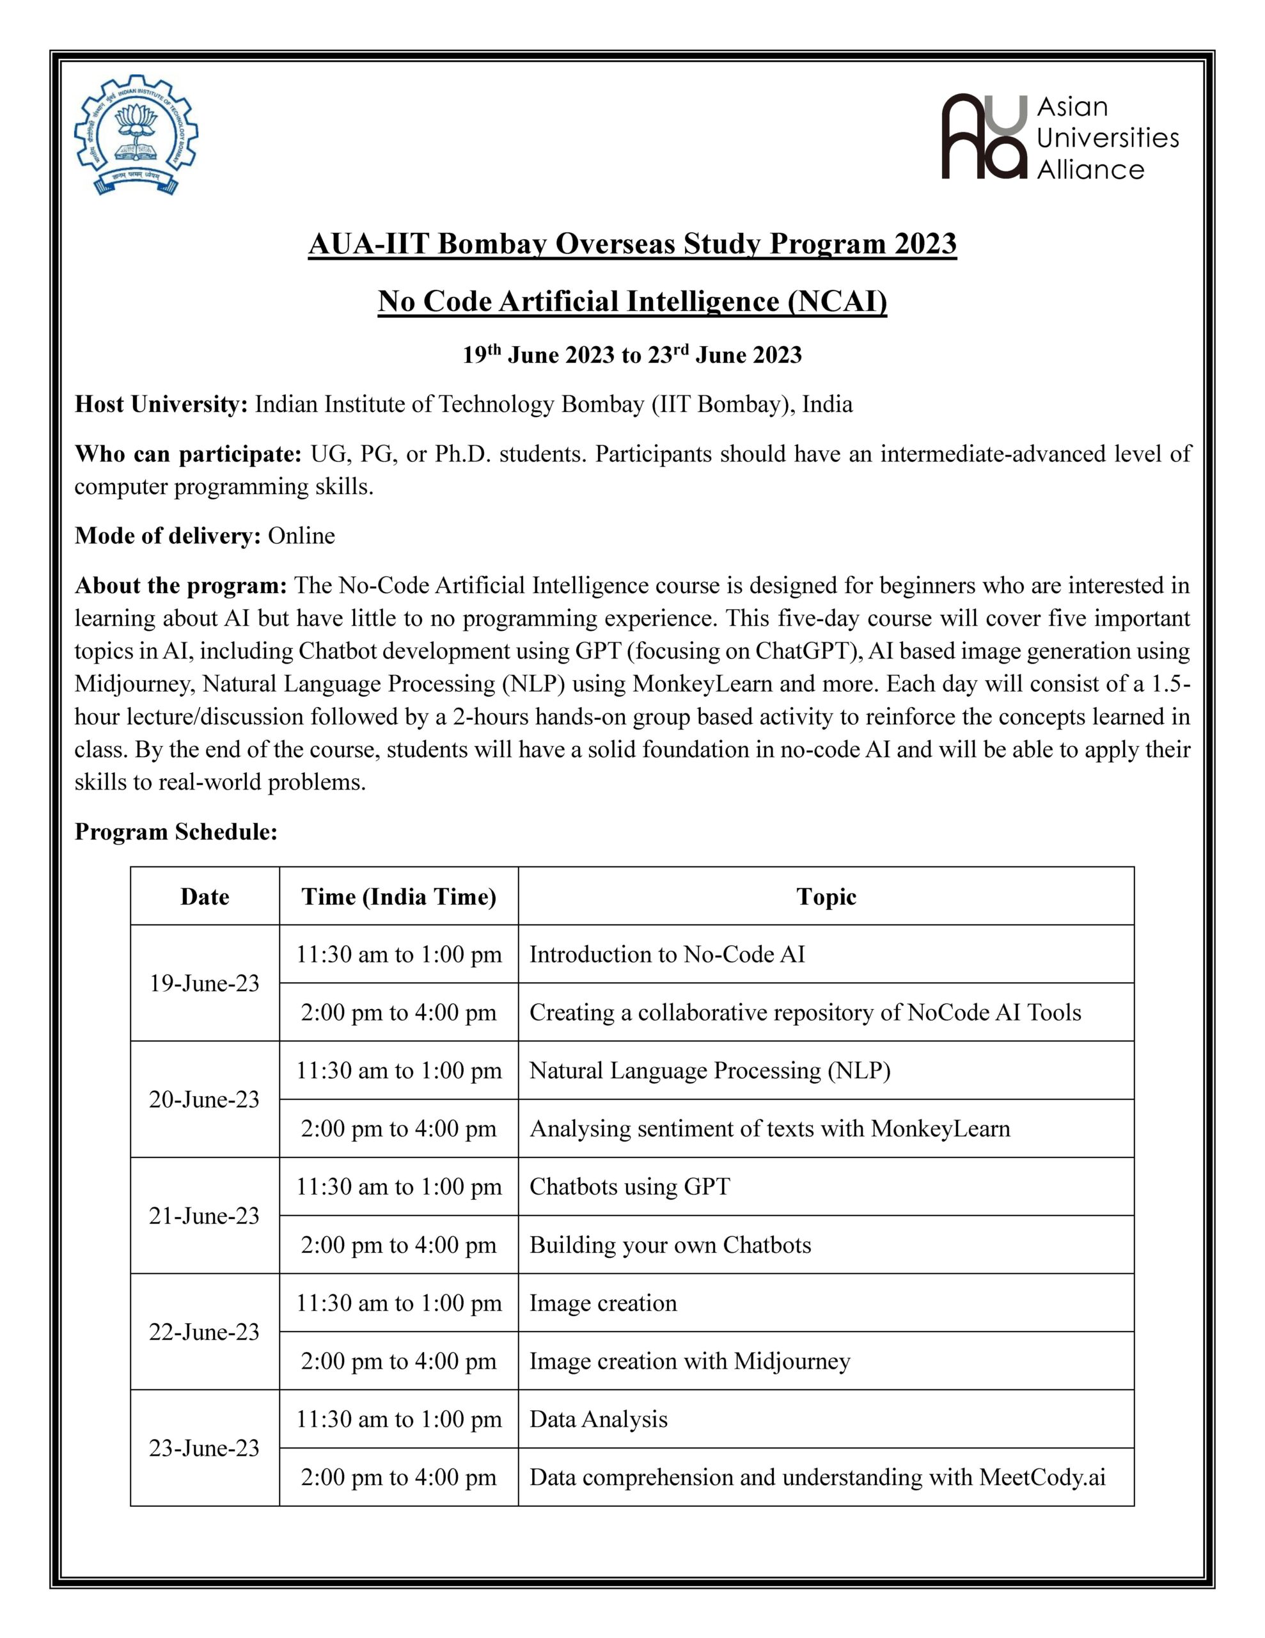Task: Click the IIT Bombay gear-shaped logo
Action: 136,136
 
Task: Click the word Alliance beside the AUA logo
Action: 1090,170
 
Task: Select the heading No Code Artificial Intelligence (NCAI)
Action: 632,301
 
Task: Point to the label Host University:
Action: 161,405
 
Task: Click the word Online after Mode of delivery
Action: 301,536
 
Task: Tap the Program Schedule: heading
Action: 177,832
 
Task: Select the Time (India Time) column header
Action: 399,897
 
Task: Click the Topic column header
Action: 826,897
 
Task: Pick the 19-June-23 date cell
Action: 204,983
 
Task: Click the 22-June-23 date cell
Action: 204,1332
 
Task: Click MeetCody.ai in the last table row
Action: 1042,1477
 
